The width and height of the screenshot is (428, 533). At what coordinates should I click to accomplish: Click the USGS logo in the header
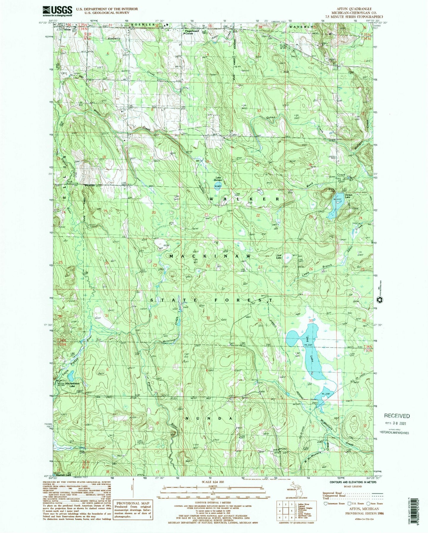pyautogui.click(x=57, y=11)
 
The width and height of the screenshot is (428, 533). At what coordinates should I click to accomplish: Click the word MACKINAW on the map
pyautogui.click(x=210, y=256)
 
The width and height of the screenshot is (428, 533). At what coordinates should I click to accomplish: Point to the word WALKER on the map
pyautogui.click(x=244, y=199)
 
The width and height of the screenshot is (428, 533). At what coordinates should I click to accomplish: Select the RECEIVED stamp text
pyautogui.click(x=397, y=416)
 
